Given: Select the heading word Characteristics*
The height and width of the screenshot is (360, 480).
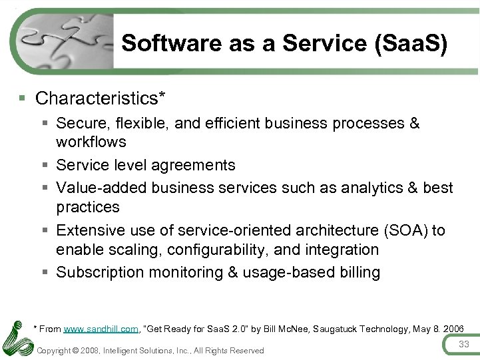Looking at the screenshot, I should pos(100,98).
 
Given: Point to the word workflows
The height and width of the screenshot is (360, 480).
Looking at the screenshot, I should pos(91,142).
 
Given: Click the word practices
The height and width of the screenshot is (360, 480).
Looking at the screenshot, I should pos(88,207).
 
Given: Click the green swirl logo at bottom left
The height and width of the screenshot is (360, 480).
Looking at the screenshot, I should pos(17,338).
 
